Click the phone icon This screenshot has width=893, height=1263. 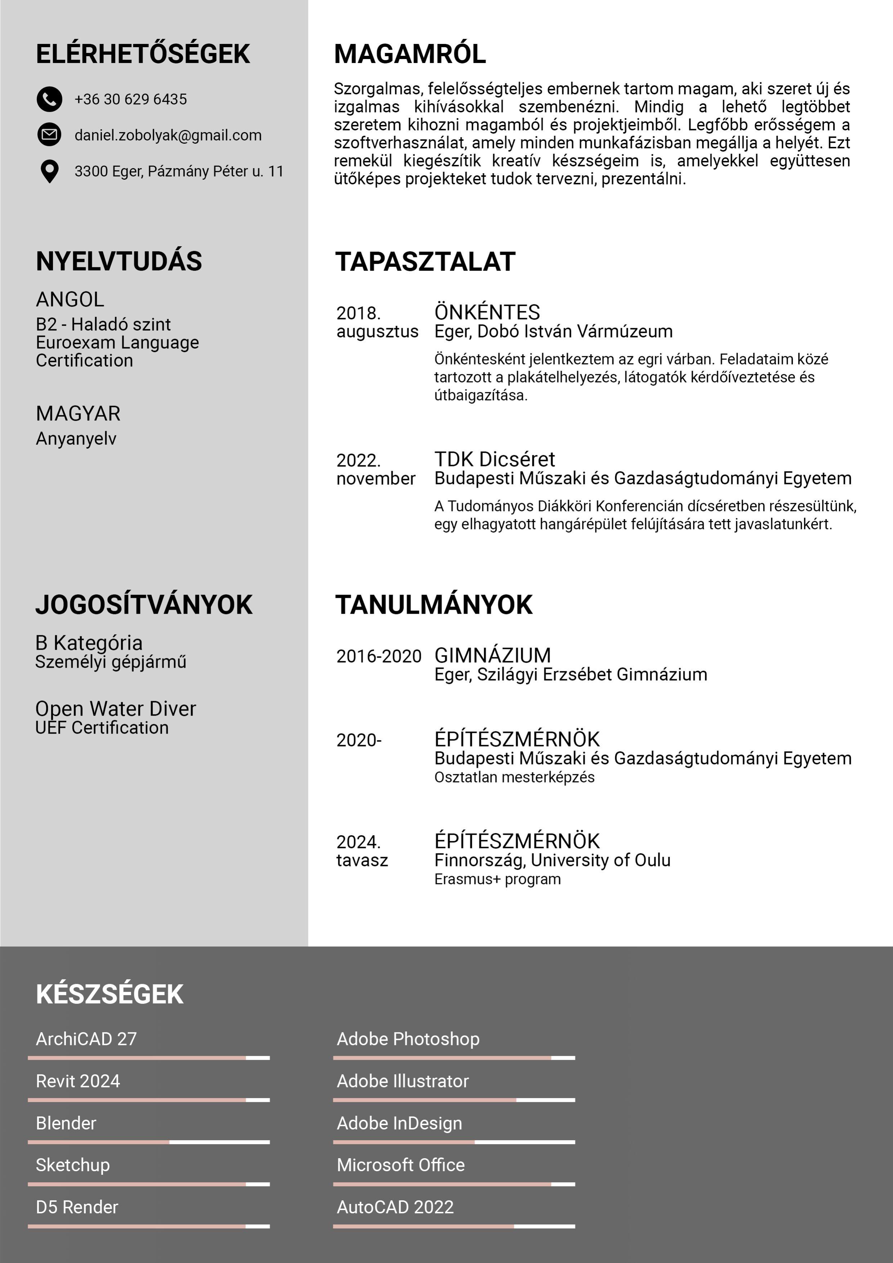pos(49,99)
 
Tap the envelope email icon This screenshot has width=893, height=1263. pos(49,134)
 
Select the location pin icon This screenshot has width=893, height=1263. pos(49,171)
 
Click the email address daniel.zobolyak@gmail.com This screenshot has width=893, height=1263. pos(168,135)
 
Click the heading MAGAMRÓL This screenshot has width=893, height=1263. pos(410,54)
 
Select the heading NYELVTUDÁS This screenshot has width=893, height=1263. pos(119,261)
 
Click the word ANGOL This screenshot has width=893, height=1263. pos(70,300)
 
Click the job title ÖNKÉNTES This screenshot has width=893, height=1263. pos(487,313)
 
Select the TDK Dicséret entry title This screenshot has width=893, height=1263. pos(495,459)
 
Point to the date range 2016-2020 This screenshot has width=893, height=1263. pos(379,656)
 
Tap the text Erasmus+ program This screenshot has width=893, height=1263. pos(497,879)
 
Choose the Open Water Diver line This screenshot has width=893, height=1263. pos(116,708)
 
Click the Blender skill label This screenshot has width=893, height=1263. pos(66,1123)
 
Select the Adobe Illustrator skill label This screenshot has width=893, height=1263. pos(403,1081)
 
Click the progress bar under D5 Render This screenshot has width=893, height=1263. pos(148,1226)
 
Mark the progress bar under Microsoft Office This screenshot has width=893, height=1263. pos(454,1184)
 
